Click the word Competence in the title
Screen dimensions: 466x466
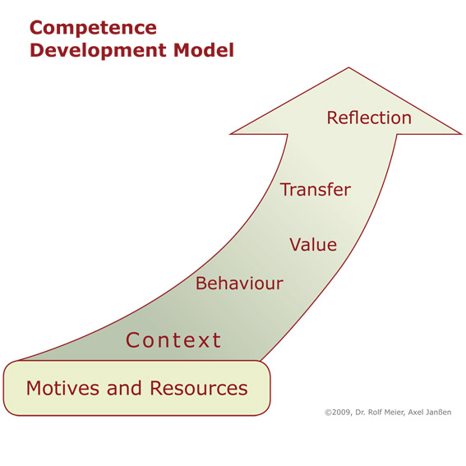pos(93,29)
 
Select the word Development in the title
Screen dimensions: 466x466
pos(98,51)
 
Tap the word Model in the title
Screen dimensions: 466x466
pos(204,50)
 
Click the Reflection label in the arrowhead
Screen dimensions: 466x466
pos(369,118)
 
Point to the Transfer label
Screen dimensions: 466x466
pos(316,190)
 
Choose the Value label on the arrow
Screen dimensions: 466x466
pos(313,245)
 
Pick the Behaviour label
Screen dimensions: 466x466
pos(239,283)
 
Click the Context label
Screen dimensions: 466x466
pos(173,340)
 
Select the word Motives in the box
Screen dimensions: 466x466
pos(62,388)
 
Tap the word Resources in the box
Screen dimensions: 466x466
pos(199,388)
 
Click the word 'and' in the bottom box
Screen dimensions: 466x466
pos(124,388)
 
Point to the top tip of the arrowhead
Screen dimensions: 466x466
pos(348,67)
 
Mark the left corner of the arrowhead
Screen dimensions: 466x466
pos(231,134)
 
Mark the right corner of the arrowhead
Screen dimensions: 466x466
pos(461,134)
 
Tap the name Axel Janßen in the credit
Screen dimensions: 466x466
pos(430,413)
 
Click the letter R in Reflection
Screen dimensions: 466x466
pos(332,118)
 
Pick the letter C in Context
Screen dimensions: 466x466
pos(132,340)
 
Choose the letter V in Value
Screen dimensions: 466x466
pos(295,245)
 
